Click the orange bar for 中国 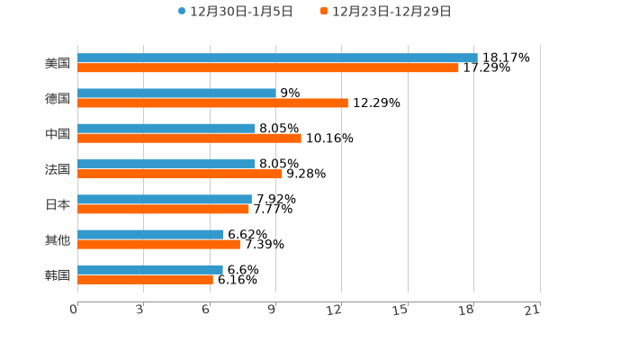[x=189, y=139]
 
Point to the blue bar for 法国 [x=166, y=164]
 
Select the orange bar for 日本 [x=163, y=209]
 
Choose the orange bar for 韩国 [x=145, y=280]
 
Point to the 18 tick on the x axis [x=467, y=310]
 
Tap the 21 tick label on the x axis [x=533, y=310]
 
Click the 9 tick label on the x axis [x=271, y=310]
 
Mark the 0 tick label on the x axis [x=74, y=310]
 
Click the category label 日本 [x=58, y=204]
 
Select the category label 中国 [x=58, y=134]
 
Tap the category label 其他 [x=58, y=239]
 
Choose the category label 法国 [x=58, y=169]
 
